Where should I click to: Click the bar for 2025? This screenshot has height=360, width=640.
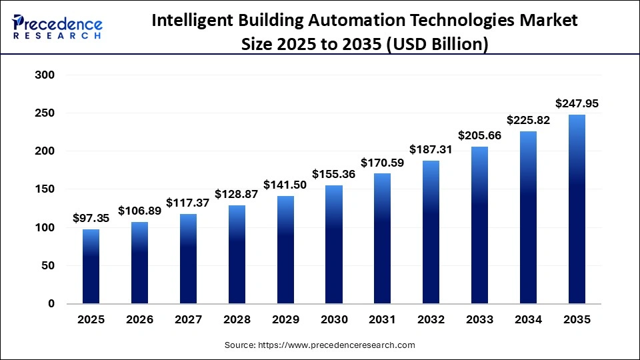click(91, 267)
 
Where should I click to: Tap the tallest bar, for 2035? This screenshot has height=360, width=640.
click(577, 209)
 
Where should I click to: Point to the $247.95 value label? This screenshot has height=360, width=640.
click(577, 103)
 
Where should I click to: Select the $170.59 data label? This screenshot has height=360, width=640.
click(383, 162)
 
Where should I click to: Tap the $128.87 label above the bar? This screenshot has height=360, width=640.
click(237, 194)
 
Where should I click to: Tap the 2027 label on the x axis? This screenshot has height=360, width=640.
click(188, 320)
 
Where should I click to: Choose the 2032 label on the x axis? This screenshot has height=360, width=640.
click(431, 320)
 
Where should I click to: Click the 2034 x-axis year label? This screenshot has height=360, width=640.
click(529, 320)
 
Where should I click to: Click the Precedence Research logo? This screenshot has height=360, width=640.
click(57, 27)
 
